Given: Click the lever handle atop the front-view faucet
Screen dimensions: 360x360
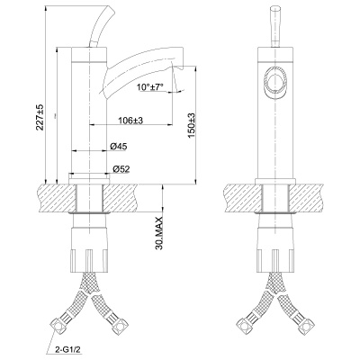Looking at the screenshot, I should coord(274,27).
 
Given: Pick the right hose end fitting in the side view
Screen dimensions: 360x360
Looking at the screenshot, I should coord(118,322).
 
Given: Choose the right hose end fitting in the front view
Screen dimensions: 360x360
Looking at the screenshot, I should coord(301,322).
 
